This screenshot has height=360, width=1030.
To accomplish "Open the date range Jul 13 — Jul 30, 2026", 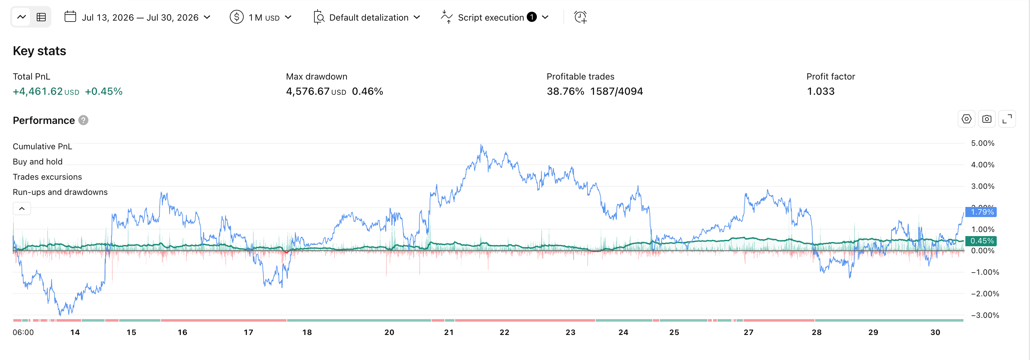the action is point(137,17).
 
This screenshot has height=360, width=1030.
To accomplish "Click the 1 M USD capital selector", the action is point(261,17).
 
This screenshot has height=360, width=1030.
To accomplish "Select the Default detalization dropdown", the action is point(367,17).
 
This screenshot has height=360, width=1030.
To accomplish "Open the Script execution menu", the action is point(495,17).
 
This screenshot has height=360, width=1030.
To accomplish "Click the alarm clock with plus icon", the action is point(580,17).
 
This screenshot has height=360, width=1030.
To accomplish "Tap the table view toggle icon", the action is point(41,17).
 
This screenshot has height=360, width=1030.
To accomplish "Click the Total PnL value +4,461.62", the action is point(38,91).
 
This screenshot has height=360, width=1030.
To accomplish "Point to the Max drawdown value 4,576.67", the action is point(307,91).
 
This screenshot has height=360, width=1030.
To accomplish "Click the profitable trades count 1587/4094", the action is point(616,91).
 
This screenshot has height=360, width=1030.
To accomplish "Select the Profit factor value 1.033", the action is point(821,91).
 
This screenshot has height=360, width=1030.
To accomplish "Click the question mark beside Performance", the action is point(83,120).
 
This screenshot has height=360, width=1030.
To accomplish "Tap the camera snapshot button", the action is point(986,119).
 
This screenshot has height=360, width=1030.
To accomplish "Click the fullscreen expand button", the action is point(1007,119).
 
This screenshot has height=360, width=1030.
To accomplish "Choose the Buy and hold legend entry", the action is point(38,162).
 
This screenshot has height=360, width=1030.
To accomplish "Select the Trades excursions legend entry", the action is point(47,177).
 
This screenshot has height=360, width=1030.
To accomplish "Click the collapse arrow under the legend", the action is point(22,209).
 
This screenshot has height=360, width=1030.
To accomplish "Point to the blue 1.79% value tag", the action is point(981,212).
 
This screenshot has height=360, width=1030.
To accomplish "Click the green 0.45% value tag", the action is point(981,241).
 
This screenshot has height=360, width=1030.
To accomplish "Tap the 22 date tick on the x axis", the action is point(504,332).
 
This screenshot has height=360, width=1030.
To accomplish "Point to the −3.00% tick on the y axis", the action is point(985,315).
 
